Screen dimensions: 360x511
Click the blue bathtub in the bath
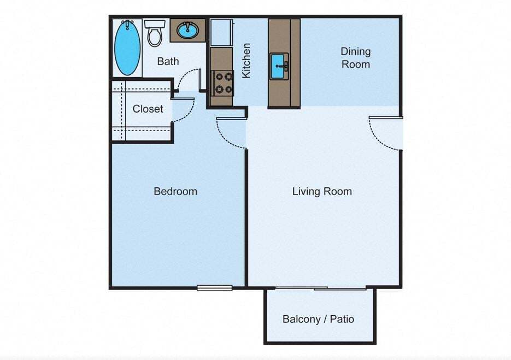(127, 48)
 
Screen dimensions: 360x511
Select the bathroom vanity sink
(187, 29)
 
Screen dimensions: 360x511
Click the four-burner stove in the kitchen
(222, 83)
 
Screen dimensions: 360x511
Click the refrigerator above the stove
(221, 33)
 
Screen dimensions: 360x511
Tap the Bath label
(168, 61)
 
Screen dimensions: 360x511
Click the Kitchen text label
(246, 60)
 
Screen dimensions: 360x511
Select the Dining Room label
(355, 58)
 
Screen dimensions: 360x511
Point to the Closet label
(148, 109)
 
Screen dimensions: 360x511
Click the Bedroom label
(175, 191)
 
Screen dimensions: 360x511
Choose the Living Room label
(321, 191)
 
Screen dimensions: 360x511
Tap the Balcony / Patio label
(318, 319)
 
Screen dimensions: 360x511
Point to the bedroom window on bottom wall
(214, 288)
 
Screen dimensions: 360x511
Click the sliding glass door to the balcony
(321, 288)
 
